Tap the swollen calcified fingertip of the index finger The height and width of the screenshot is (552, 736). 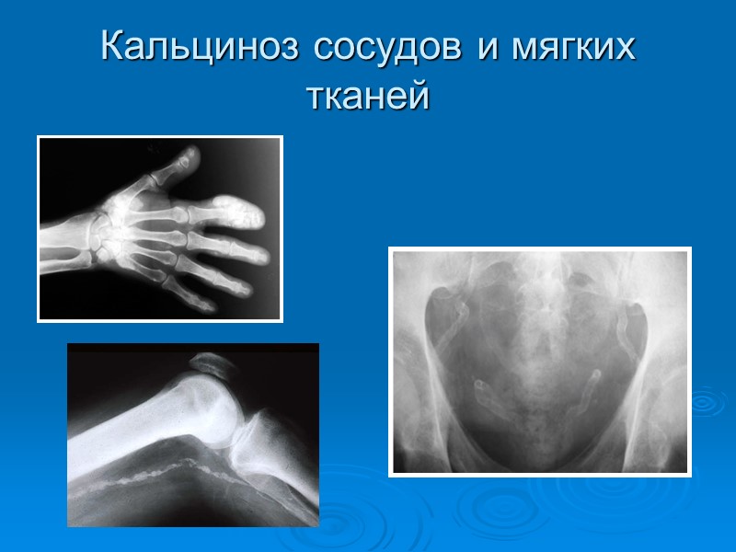[241, 213]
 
